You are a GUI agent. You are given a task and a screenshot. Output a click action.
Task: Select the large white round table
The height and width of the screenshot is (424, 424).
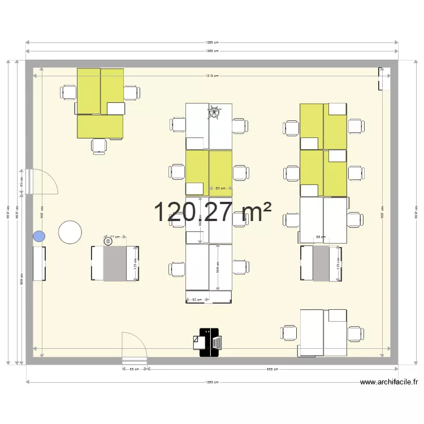70,232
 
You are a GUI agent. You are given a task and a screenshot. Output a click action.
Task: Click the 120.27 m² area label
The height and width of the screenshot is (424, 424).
212,212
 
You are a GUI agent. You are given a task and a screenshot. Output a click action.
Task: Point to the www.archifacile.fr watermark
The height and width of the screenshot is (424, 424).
389,383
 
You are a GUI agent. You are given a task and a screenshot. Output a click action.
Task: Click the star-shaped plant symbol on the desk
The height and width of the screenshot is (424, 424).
214,113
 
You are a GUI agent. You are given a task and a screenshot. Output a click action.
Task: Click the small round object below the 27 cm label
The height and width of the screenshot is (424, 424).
107,241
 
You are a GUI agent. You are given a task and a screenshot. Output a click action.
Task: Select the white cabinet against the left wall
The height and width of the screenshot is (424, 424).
40,263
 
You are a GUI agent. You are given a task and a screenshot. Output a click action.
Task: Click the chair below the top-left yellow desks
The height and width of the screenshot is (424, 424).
99,146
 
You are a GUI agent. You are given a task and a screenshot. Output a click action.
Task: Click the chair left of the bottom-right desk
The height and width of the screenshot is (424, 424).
290,333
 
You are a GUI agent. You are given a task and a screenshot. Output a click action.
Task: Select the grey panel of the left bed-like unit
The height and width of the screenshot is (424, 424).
115,263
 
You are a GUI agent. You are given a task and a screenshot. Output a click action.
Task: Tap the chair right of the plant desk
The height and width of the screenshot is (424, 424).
239,126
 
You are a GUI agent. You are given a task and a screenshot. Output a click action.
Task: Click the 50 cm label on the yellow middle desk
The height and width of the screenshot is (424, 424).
220,189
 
